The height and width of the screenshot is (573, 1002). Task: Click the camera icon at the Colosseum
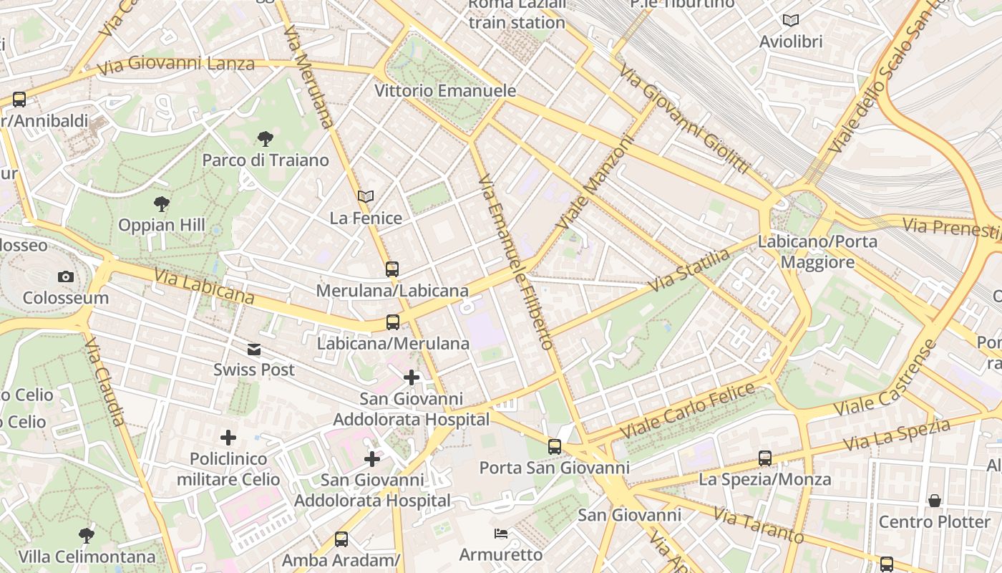[66, 276]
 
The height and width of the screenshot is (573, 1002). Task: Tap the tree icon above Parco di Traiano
[265, 138]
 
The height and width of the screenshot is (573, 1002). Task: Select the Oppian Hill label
[162, 225]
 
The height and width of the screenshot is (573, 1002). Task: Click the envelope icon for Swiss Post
[254, 350]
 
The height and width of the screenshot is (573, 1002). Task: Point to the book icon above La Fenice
[366, 196]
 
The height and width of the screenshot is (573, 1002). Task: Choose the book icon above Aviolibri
[790, 21]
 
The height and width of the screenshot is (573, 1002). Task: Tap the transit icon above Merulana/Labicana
[392, 269]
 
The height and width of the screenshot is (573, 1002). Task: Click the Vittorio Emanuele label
[445, 91]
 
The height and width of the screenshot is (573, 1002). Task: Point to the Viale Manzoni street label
[595, 183]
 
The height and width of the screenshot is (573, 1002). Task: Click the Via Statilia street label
[689, 269]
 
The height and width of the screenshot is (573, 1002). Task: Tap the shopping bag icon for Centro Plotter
[935, 501]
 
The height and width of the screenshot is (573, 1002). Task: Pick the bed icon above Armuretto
[501, 534]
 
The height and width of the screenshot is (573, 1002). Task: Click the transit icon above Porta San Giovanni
[555, 447]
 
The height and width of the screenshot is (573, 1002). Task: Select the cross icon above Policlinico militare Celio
[228, 437]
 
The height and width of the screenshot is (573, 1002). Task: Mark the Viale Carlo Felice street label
[687, 412]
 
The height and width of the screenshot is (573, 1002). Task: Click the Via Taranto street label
[759, 525]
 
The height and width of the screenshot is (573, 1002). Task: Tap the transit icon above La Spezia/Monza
[765, 458]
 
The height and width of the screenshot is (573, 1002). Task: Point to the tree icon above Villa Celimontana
[87, 535]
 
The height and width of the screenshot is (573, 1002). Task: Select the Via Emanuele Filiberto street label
[515, 261]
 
